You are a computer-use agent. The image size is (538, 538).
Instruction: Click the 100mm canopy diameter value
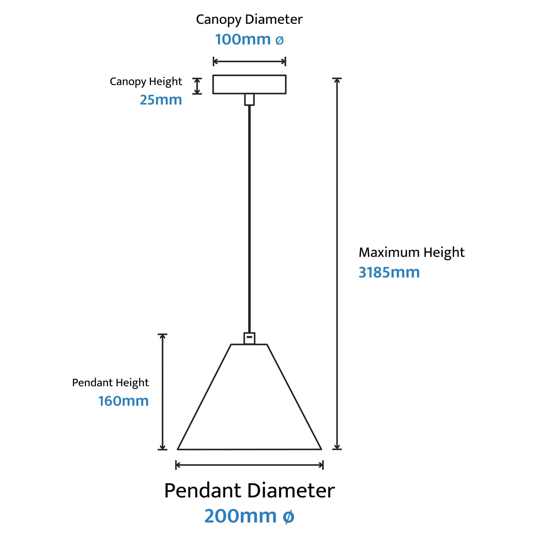[243, 39]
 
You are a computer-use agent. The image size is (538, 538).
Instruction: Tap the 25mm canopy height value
[161, 100]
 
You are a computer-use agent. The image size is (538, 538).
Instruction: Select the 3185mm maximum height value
[389, 273]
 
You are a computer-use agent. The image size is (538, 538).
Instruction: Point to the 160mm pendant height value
[123, 401]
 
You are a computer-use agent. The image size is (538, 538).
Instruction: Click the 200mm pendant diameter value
[240, 516]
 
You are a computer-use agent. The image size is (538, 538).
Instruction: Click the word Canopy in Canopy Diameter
[218, 20]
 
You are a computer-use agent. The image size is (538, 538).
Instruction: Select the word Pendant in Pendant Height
[92, 383]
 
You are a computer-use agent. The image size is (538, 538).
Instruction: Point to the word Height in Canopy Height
[165, 81]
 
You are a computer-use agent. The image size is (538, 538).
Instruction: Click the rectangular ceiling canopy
[249, 84]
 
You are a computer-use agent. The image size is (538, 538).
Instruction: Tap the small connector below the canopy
[249, 99]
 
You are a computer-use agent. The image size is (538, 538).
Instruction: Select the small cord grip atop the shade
[249, 338]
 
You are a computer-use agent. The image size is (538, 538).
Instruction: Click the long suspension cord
[249, 218]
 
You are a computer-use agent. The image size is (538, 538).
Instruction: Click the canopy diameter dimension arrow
[249, 62]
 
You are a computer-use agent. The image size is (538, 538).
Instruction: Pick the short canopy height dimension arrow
[197, 86]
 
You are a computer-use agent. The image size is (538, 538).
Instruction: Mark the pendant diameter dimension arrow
[249, 465]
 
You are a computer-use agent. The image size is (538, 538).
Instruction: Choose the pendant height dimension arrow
[162, 392]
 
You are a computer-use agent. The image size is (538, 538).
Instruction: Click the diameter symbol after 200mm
[288, 517]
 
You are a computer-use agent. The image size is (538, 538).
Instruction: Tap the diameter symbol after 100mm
[279, 40]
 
